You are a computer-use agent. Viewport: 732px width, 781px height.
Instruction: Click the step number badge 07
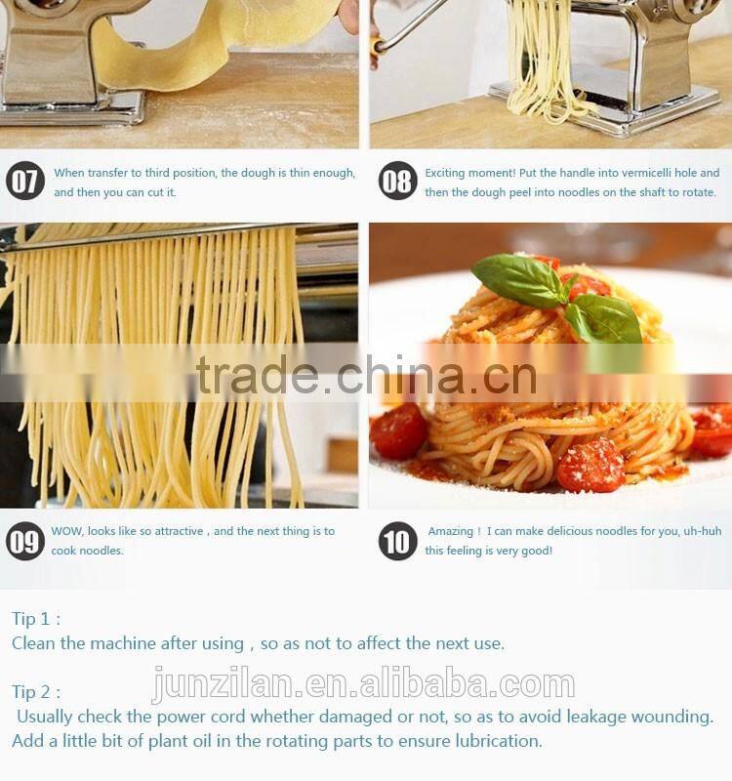click(x=25, y=182)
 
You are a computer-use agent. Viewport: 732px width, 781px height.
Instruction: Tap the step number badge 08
click(x=397, y=182)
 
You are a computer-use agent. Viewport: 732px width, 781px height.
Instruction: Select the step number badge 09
click(x=25, y=541)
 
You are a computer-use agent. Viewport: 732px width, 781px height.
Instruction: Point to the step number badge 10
click(x=397, y=541)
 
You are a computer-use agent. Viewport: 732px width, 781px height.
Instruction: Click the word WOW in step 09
click(x=67, y=531)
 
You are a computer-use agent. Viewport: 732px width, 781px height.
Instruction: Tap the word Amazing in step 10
click(x=450, y=531)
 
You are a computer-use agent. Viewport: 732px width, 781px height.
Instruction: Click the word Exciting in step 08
click(x=447, y=173)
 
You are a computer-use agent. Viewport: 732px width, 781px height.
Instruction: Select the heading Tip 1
click(x=35, y=619)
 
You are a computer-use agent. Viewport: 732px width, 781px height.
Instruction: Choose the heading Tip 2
click(x=35, y=692)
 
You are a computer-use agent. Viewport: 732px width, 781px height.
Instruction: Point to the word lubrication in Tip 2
click(x=493, y=741)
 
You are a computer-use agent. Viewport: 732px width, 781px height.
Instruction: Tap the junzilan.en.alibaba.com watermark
click(x=363, y=685)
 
